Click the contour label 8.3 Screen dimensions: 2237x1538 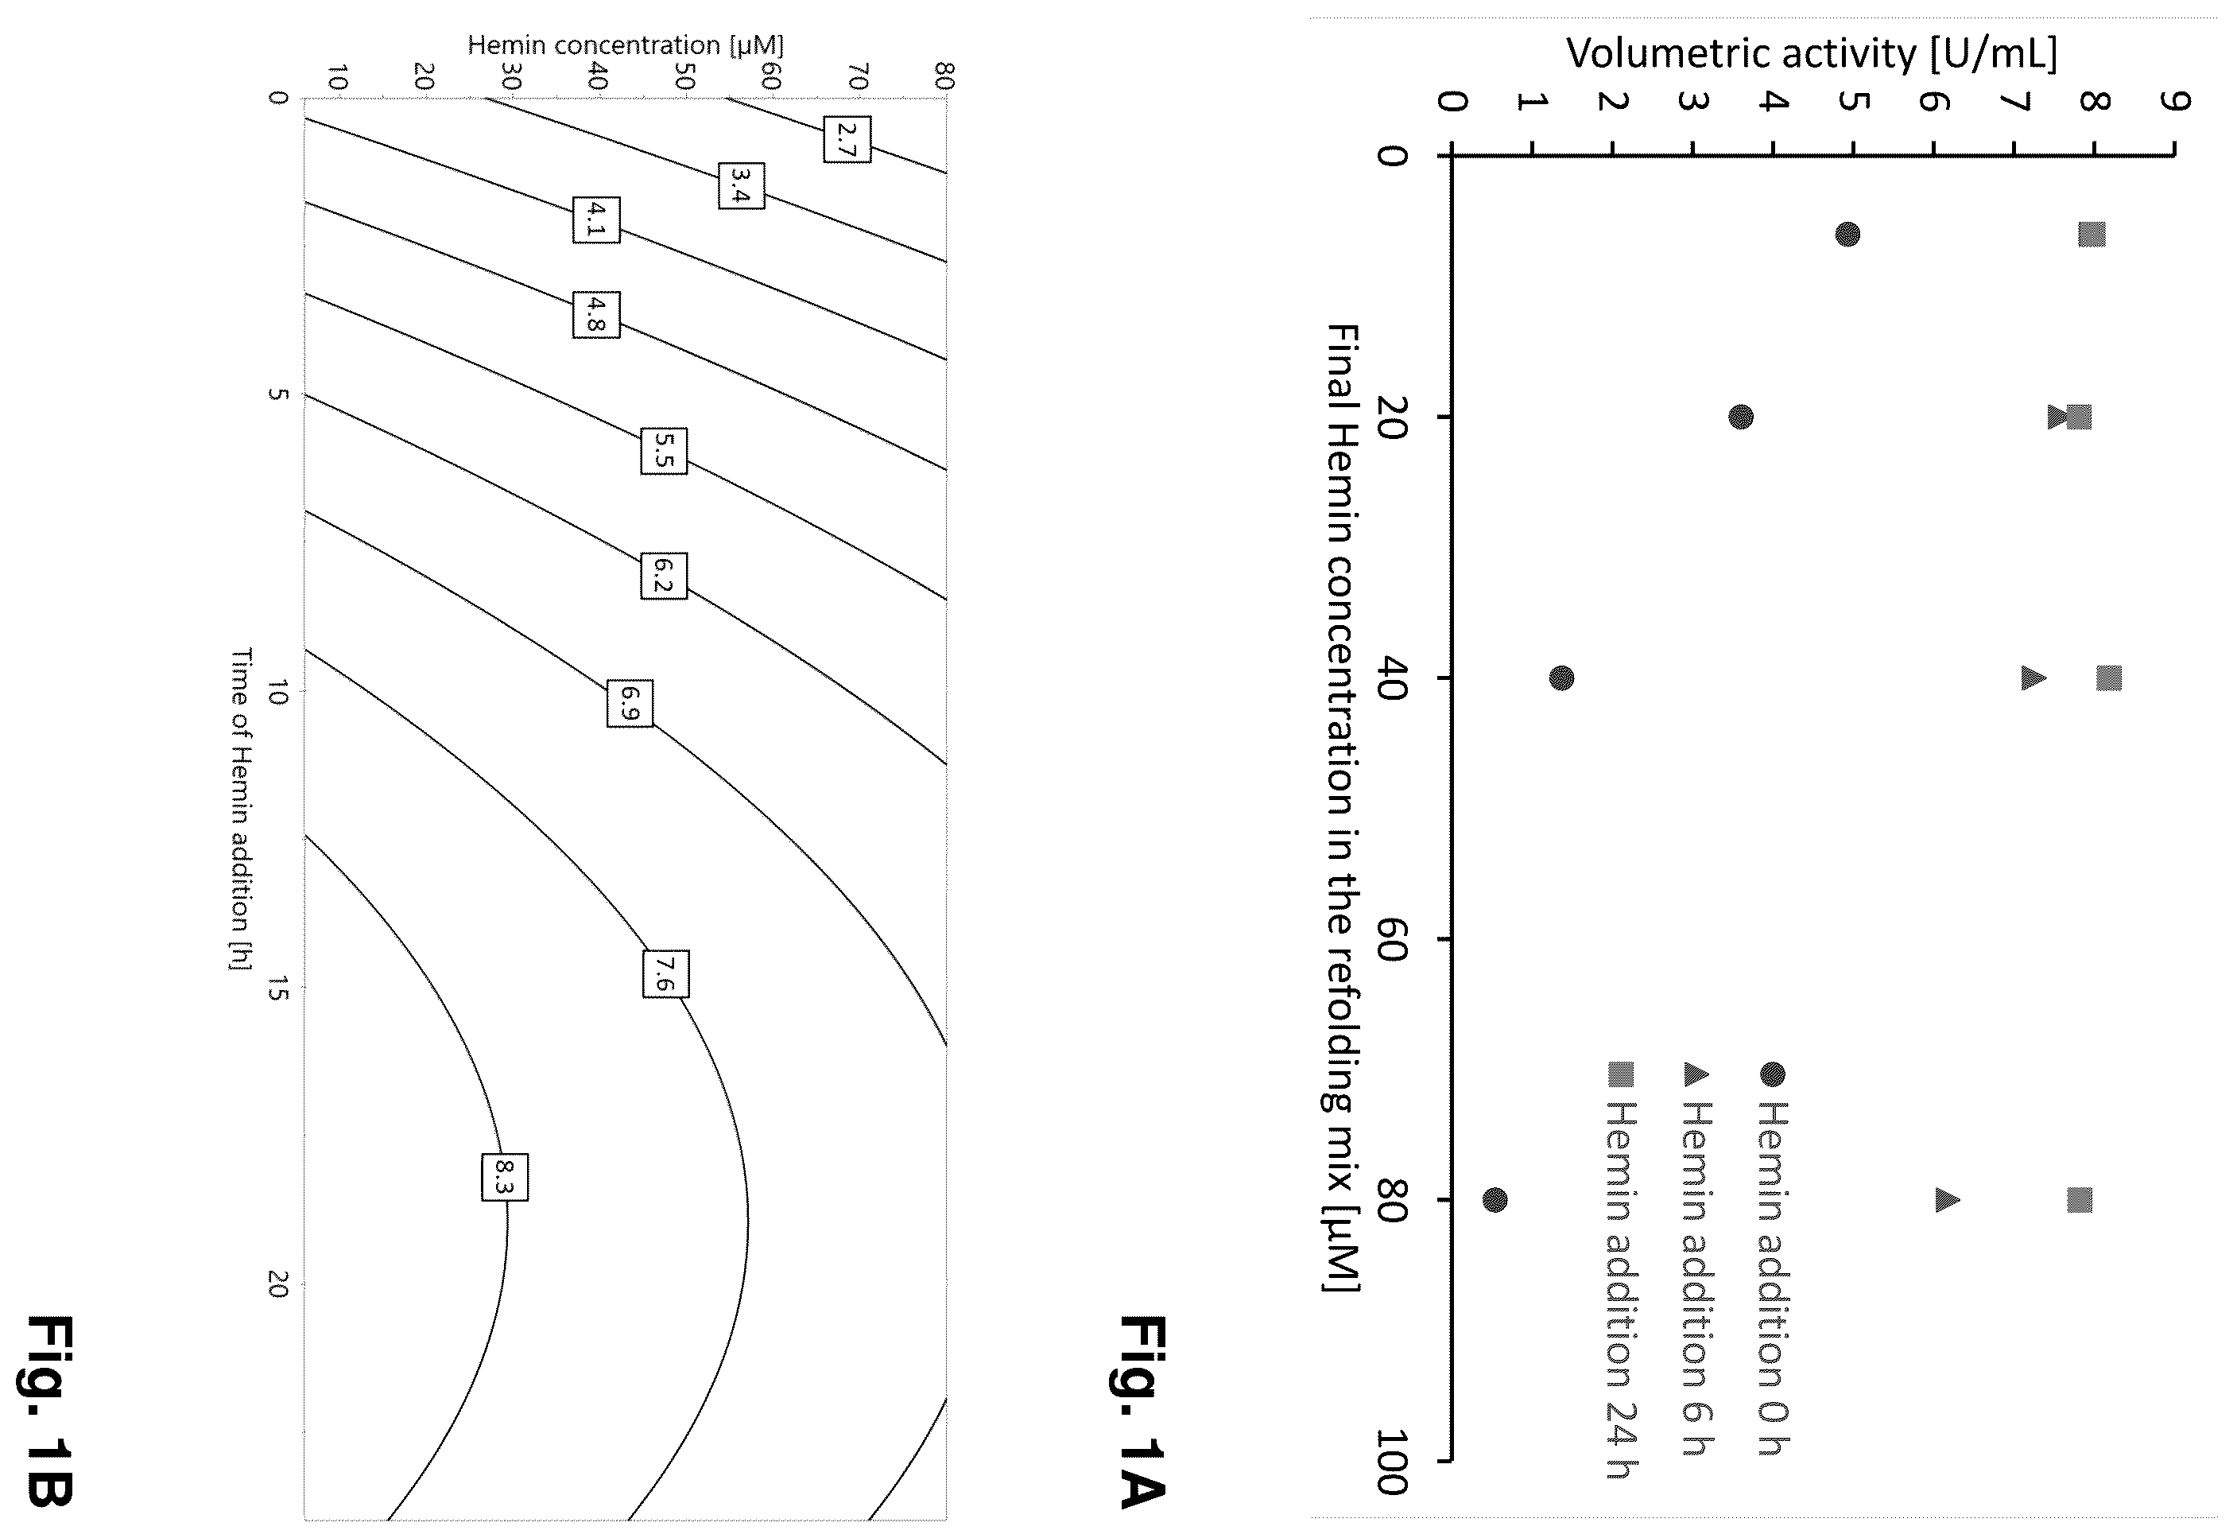505,1177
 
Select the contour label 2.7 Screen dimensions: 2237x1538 847,138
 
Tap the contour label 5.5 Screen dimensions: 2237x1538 664,450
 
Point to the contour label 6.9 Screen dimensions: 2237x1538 630,702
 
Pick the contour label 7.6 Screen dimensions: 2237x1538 665,973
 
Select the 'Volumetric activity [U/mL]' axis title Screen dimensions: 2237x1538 1811,53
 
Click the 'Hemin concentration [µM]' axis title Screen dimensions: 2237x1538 626,45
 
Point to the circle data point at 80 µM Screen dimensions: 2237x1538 1495,1200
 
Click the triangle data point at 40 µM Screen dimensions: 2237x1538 2033,678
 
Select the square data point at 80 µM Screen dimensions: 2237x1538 2080,1200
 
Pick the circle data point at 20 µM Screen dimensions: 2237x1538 1741,418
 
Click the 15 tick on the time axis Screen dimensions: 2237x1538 277,988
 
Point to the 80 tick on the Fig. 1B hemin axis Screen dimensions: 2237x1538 945,76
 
